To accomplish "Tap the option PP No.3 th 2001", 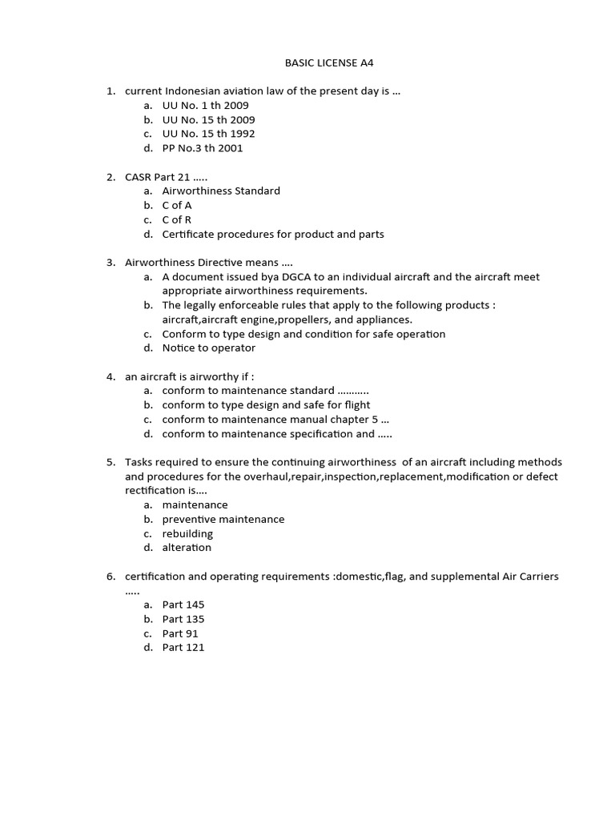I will pos(203,148).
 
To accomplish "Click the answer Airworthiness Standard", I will pos(221,191).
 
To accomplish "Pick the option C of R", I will pos(177,219).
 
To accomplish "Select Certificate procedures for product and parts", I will pos(273,234).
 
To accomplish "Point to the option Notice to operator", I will pos(209,348).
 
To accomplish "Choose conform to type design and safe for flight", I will pos(266,405).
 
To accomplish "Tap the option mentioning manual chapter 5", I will pos(275,420).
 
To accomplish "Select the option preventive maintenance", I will pos(223,519).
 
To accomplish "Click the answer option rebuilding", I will pos(187,533).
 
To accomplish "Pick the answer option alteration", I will pos(187,548).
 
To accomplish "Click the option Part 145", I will pos(183,605).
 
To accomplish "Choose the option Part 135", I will pos(183,619).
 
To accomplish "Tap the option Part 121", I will pos(183,647).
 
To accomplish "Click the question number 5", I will pos(111,462).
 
